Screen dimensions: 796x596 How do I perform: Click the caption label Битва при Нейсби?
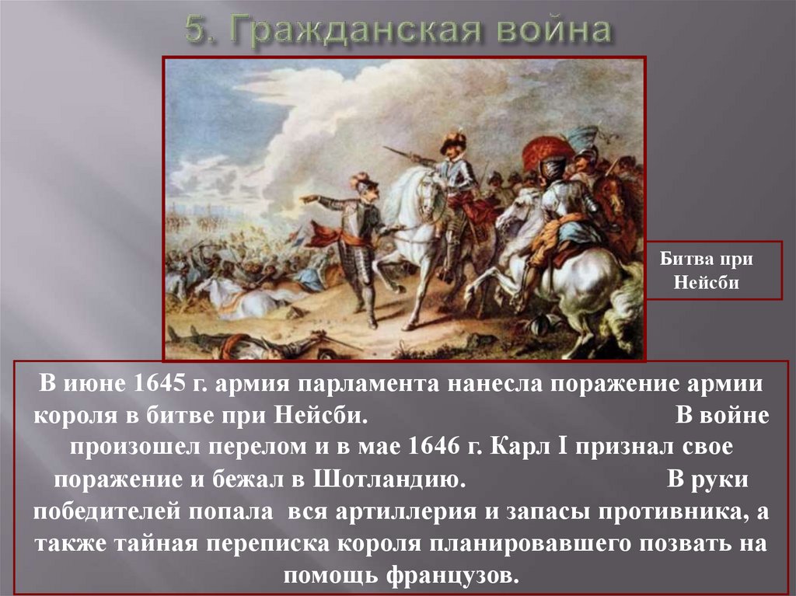click(x=706, y=270)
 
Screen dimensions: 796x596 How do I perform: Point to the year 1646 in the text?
click(x=434, y=447)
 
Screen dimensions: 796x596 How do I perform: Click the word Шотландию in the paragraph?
click(x=389, y=479)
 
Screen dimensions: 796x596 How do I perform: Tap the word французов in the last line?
click(x=453, y=575)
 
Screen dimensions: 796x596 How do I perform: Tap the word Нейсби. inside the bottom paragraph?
click(x=320, y=415)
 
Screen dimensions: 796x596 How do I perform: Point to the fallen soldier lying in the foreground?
click(x=243, y=345)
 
